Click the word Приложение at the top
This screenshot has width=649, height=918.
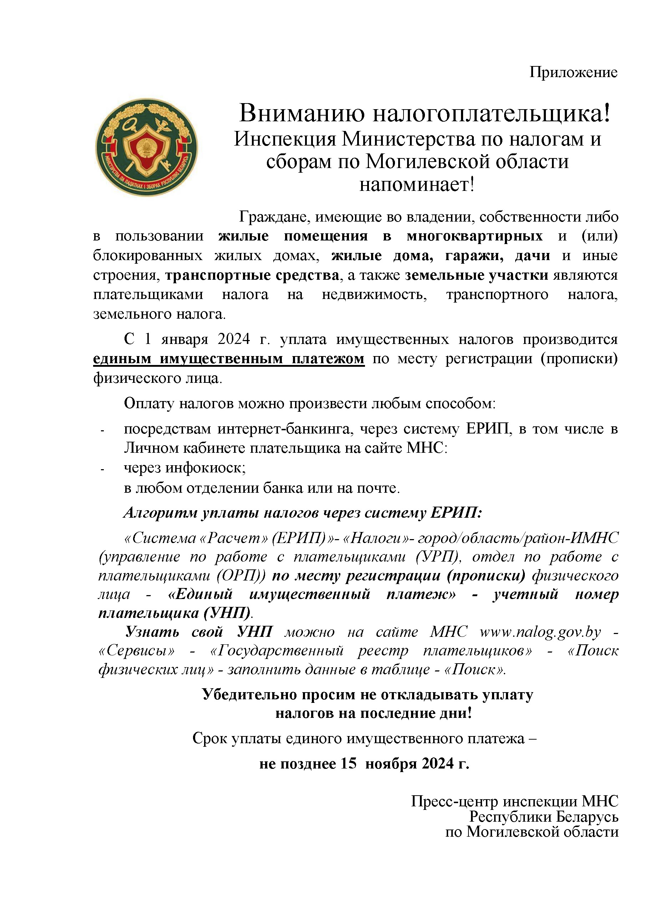coord(573,72)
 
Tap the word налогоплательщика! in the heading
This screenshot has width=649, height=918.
coord(492,113)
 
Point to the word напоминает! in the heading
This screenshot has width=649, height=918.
coord(417,184)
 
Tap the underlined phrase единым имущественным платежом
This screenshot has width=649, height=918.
coord(228,358)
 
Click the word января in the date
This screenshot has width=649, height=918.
coord(184,339)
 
